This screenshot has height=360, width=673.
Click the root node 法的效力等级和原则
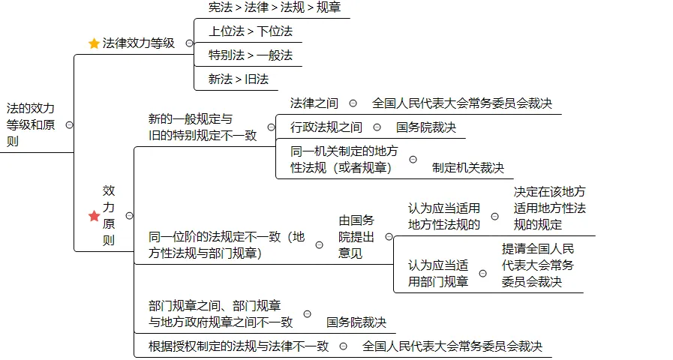click(31, 124)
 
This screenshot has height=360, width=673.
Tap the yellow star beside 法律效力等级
click(94, 43)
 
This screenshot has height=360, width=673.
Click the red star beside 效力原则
click(94, 216)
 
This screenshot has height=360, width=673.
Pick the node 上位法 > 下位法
click(250, 31)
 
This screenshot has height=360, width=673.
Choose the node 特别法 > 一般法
click(250, 55)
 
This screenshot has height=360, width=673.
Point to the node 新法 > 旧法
click(238, 79)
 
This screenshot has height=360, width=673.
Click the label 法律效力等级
click(139, 43)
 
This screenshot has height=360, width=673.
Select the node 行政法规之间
click(326, 127)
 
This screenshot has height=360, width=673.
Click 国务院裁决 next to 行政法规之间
click(426, 127)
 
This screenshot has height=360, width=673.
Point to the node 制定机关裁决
click(468, 168)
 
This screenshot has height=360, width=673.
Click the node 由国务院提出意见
click(356, 236)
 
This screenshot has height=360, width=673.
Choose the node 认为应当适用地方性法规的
click(444, 216)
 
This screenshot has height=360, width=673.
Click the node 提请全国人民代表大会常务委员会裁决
click(538, 265)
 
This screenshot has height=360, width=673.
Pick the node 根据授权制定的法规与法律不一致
click(239, 346)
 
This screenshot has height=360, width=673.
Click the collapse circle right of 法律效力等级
click(189, 43)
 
